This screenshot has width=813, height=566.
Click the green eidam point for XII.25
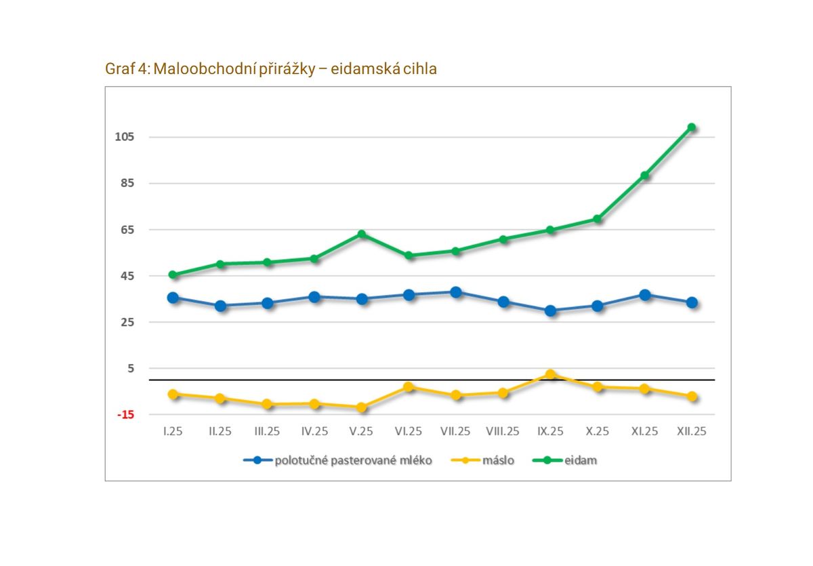coord(692,127)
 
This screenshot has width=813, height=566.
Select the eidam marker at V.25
coord(362,235)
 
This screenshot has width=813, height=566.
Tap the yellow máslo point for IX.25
coord(550,374)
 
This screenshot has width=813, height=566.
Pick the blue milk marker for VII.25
coord(456,292)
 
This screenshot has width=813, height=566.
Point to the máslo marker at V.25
coord(362,407)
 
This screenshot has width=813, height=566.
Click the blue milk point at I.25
coord(173,298)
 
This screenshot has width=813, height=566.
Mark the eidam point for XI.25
coord(645,176)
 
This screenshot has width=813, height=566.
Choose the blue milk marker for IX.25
coord(550,310)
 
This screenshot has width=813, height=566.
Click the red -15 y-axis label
coord(126,415)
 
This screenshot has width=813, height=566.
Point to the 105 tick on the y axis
coord(126,137)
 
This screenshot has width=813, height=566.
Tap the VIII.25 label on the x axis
coord(503,432)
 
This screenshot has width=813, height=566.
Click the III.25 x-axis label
coord(267,432)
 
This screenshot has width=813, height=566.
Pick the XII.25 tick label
coord(692,432)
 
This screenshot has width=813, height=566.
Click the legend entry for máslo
coord(498,461)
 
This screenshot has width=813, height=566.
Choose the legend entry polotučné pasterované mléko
coord(352,461)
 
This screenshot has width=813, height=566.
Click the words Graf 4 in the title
coord(127,69)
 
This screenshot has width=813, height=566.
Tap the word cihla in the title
coord(420,69)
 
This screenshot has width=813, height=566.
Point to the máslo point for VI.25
coord(409,387)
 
